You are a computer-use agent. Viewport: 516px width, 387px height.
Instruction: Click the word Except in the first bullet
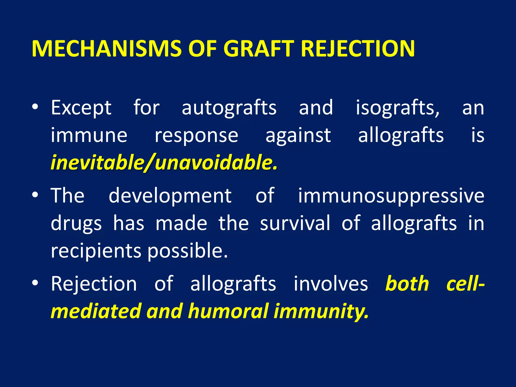[x=81, y=108]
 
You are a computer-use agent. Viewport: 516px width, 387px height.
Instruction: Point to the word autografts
[x=229, y=108]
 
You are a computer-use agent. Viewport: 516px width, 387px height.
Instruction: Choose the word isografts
[x=397, y=108]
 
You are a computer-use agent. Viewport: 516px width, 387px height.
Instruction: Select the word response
[x=196, y=136]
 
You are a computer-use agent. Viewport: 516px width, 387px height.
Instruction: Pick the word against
[x=298, y=136]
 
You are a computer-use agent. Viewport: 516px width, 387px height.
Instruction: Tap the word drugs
[x=76, y=223]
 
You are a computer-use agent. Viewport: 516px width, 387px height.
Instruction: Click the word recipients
[x=96, y=251]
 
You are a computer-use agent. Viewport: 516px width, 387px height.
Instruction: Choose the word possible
[x=187, y=251]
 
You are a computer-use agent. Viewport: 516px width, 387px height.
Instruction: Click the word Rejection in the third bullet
[x=94, y=284]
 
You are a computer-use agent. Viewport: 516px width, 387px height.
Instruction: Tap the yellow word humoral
[x=228, y=311]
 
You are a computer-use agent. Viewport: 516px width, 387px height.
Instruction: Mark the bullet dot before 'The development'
[x=35, y=195]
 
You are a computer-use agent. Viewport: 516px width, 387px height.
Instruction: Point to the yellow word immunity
[x=321, y=311]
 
